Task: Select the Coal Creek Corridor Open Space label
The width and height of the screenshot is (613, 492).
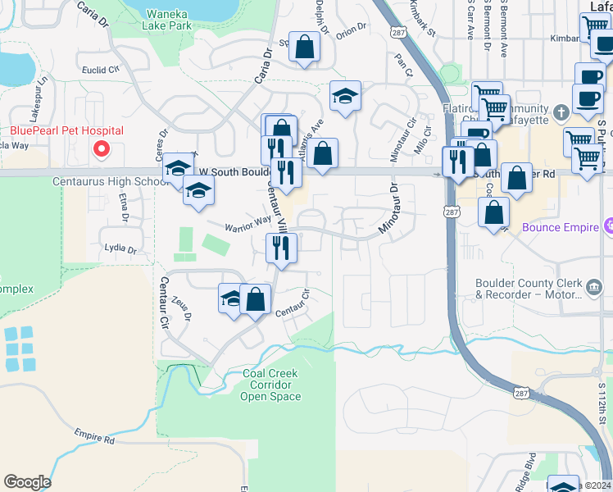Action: pos(270,385)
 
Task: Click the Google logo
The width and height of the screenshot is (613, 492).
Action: pos(28,482)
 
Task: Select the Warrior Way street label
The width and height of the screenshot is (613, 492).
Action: pos(250,221)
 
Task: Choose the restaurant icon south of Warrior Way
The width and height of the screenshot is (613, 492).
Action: pos(282,247)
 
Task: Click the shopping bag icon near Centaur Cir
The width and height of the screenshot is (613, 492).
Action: pos(256,299)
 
